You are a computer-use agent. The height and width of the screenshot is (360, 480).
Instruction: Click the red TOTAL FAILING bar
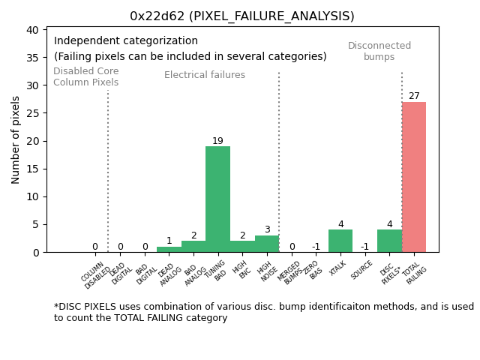click(414, 177)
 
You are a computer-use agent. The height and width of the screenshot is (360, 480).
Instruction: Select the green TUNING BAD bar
click(217, 199)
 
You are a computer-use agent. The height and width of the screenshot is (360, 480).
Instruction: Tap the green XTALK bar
click(340, 241)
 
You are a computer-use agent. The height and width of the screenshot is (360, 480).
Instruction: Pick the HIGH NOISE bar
click(267, 244)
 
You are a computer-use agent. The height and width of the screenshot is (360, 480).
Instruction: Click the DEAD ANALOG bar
click(169, 249)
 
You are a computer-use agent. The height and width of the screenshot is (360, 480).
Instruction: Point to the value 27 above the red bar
click(414, 96)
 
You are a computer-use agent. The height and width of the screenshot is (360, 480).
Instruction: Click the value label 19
click(217, 141)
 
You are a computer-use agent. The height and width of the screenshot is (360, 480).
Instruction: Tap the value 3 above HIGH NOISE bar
click(267, 229)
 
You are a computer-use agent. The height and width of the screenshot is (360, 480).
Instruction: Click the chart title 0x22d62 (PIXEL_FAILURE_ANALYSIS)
click(242, 16)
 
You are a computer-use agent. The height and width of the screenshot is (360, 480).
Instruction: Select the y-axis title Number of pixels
click(16, 139)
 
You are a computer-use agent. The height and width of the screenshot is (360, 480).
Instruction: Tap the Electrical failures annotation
click(205, 75)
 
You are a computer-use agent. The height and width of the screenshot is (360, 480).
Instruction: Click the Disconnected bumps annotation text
click(379, 51)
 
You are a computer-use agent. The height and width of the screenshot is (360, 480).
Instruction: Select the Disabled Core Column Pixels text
click(85, 76)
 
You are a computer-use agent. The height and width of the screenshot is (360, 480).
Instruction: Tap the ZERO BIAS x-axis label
click(314, 270)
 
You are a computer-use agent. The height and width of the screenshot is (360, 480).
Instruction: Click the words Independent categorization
click(126, 41)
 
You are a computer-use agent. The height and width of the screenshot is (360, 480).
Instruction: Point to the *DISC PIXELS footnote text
click(263, 312)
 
